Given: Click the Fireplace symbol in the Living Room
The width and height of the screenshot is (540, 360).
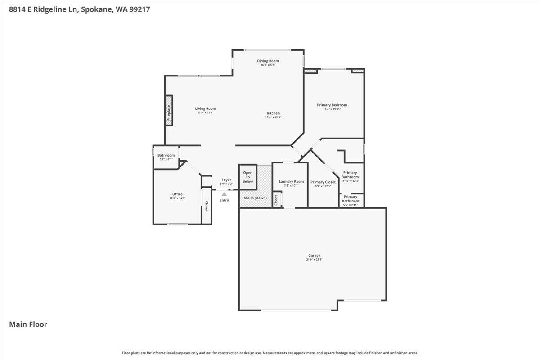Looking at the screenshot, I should click(169, 111).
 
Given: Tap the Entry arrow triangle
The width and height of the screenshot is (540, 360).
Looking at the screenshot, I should click(224, 194).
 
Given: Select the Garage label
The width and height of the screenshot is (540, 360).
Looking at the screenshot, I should click(315, 256).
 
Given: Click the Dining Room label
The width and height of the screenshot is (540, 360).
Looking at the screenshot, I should click(268, 61).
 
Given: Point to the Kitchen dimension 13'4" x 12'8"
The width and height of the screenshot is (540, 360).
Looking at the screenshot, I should click(273, 117).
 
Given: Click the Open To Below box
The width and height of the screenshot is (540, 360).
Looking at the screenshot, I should click(247, 177).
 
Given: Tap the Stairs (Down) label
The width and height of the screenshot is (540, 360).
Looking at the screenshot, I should click(255, 198).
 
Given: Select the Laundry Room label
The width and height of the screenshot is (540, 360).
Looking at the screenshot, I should click(291, 182).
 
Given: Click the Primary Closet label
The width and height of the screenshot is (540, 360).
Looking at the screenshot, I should click(323, 182).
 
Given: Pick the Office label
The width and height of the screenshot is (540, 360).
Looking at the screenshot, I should click(177, 194).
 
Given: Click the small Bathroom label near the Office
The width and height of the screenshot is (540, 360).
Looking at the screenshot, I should click(166, 155).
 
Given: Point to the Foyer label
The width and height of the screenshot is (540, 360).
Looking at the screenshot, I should click(226, 180).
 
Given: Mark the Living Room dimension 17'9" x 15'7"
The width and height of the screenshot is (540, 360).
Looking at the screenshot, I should click(206, 112).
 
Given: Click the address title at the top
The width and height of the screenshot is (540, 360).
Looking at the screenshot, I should click(80, 9).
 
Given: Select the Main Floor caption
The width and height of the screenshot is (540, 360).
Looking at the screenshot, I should click(28, 324).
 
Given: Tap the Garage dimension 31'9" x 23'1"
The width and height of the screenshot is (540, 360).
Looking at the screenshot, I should click(315, 260).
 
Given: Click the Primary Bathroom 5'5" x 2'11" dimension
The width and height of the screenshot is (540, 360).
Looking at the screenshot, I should click(351, 205).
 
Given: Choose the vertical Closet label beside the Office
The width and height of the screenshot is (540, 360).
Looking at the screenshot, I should click(207, 207).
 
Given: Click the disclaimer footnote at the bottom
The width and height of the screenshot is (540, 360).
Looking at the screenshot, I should click(270, 353).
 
